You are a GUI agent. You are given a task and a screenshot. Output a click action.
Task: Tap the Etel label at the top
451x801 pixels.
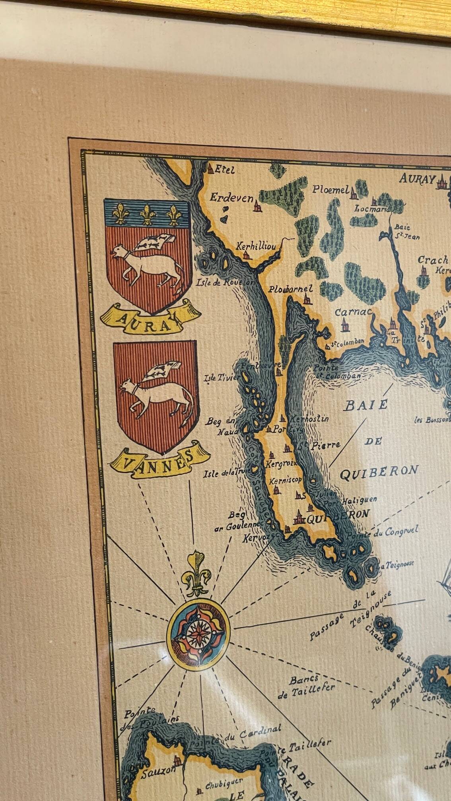pyautogui.click(x=225, y=170)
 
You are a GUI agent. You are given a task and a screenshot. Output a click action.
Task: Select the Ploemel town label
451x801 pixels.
pyautogui.click(x=330, y=190)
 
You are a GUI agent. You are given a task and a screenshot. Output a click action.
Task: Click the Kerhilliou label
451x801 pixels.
pyautogui.click(x=256, y=246)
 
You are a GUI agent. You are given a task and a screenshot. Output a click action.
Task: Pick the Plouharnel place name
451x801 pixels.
pyautogui.click(x=290, y=289)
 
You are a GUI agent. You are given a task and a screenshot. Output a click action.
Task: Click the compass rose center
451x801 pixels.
pyautogui.click(x=198, y=634)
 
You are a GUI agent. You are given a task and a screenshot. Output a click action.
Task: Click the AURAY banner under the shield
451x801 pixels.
pyautogui.click(x=150, y=317)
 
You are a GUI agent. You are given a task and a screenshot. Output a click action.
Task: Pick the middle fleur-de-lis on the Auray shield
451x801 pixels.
pyautogui.click(x=148, y=214)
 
